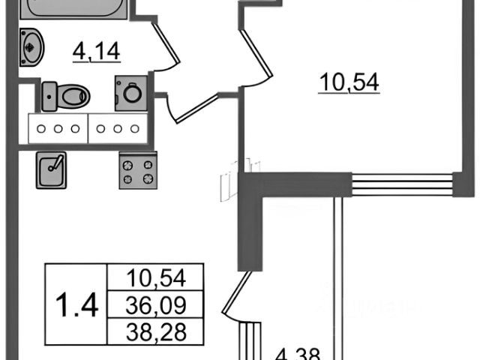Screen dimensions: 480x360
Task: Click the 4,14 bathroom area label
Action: [97, 52]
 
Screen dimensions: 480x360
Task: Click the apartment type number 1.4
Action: [77, 304]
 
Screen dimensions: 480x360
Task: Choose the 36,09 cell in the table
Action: [155, 304]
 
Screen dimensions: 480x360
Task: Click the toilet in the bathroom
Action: [73, 96]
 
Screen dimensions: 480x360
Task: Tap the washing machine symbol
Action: [130, 93]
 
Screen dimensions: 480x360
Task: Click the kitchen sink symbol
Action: [50, 170]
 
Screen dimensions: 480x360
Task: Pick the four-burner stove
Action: [138, 170]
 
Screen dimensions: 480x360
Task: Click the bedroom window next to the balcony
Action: [402, 184]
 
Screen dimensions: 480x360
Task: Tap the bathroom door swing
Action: [166, 43]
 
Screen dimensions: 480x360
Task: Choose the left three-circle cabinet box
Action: [58, 127]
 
